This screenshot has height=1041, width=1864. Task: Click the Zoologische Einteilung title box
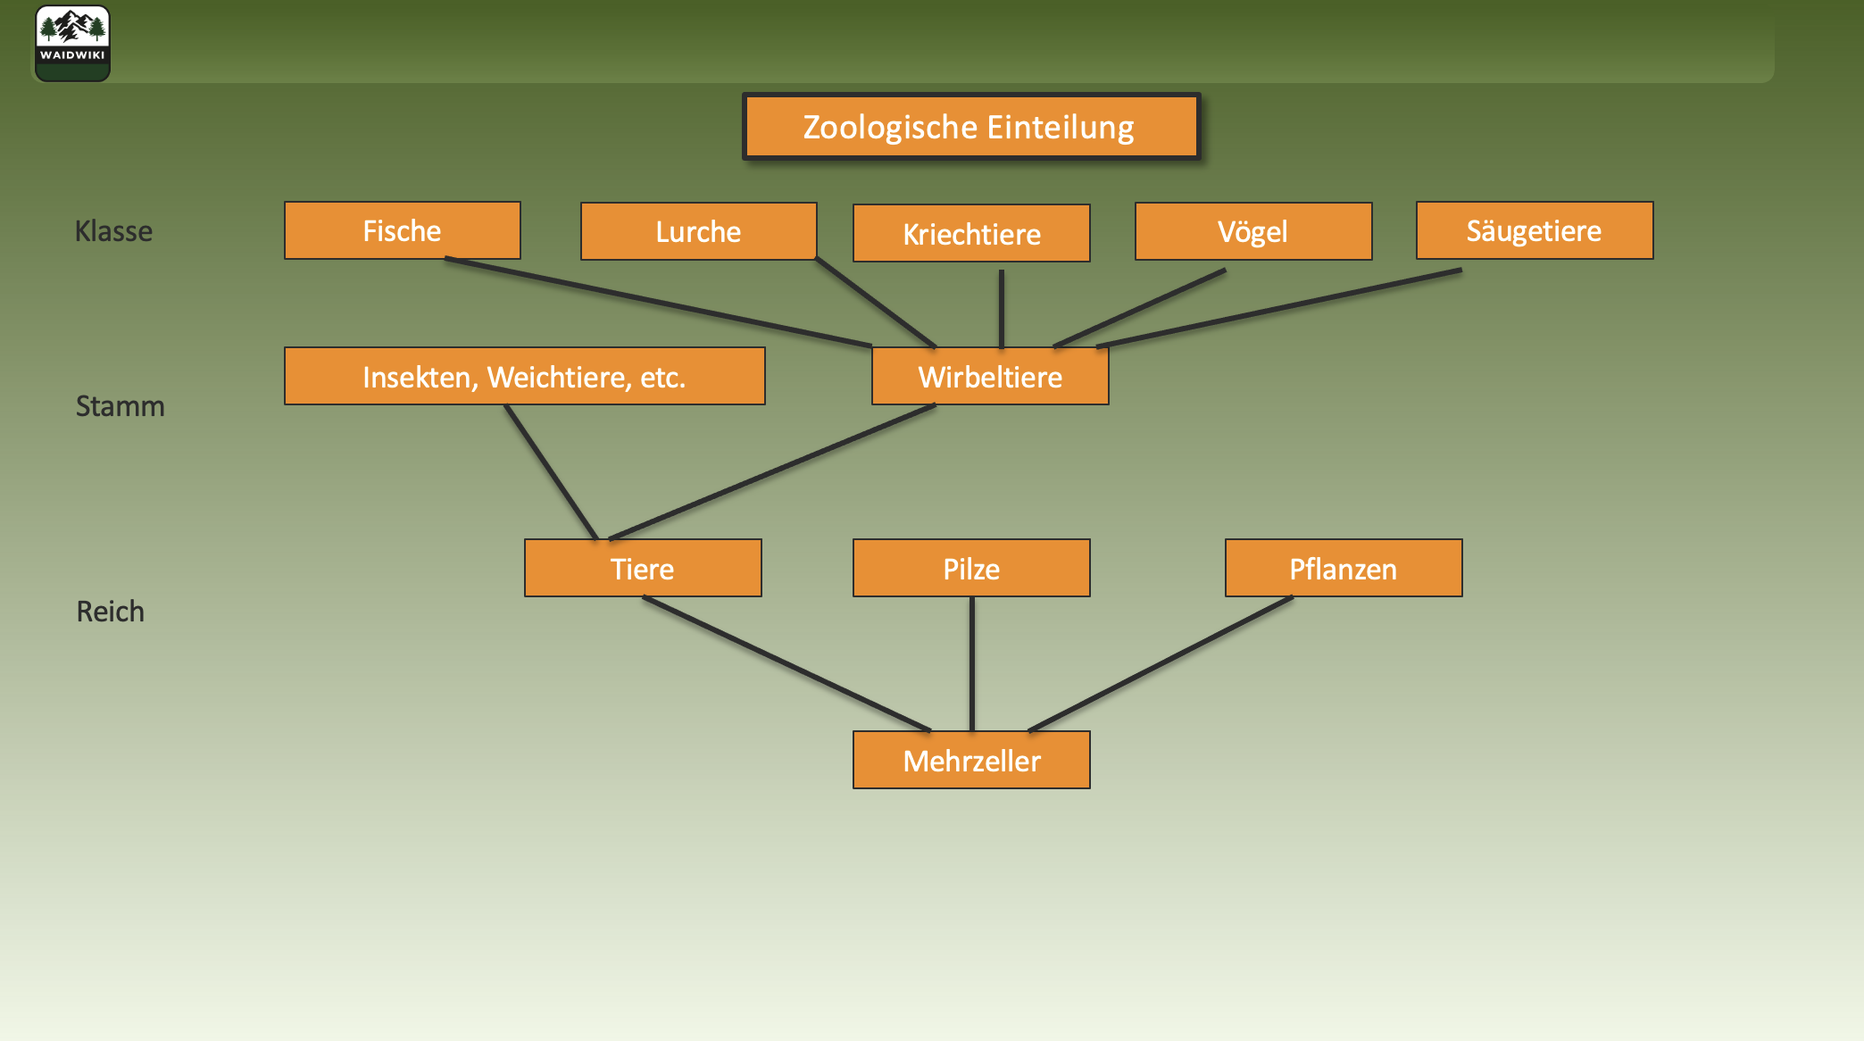coord(970,127)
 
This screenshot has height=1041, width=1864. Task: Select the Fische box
coord(402,230)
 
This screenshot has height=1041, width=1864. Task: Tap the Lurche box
coord(698,231)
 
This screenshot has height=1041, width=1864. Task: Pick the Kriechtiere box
coord(971,233)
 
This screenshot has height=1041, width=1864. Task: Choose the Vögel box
coord(1252,231)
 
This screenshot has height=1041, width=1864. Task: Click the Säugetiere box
coord(1534,230)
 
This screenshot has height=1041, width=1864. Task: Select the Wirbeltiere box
coord(990,376)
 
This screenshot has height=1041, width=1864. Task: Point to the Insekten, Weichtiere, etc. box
coord(524,376)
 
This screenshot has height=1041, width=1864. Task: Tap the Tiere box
coord(643,568)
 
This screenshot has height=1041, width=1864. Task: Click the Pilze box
coord(971,568)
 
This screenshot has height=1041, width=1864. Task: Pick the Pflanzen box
coord(1343,568)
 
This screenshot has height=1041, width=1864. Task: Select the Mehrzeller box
coord(971,760)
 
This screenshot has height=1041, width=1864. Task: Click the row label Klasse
coord(113,231)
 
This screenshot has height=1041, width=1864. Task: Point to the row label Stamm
coord(120,406)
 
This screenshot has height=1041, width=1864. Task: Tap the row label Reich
coord(110,612)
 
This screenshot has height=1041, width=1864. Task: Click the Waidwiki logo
coord(72,43)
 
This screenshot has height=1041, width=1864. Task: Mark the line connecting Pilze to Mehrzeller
coord(972,664)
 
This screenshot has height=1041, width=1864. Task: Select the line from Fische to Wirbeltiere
coord(658,302)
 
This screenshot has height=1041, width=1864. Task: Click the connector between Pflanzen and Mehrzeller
coord(1161,664)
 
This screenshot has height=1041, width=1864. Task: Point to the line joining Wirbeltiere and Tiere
coord(772,472)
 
